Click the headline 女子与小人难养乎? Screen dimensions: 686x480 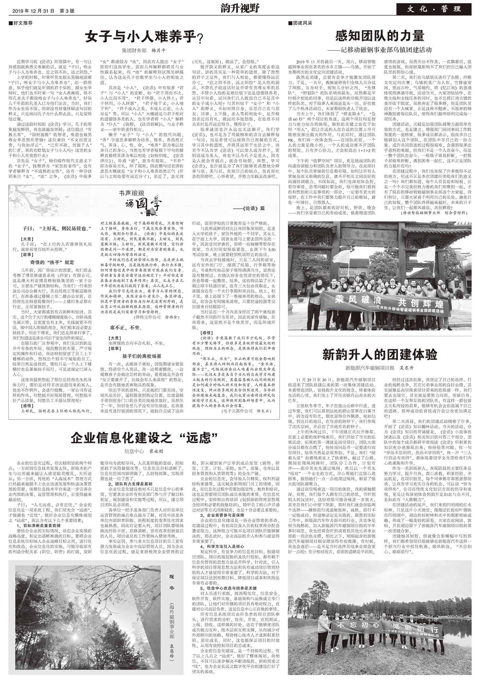coord(144,37)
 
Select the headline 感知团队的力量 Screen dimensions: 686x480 coord(380,36)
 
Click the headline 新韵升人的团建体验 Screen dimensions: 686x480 coord(380,354)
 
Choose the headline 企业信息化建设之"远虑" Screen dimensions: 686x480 coord(144,438)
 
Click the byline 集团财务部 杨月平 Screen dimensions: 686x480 coord(144,51)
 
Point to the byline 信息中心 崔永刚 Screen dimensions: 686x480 coord(144,451)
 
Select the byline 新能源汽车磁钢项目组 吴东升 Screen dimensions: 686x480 coord(380,368)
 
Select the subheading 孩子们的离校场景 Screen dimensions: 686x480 coord(142,356)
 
